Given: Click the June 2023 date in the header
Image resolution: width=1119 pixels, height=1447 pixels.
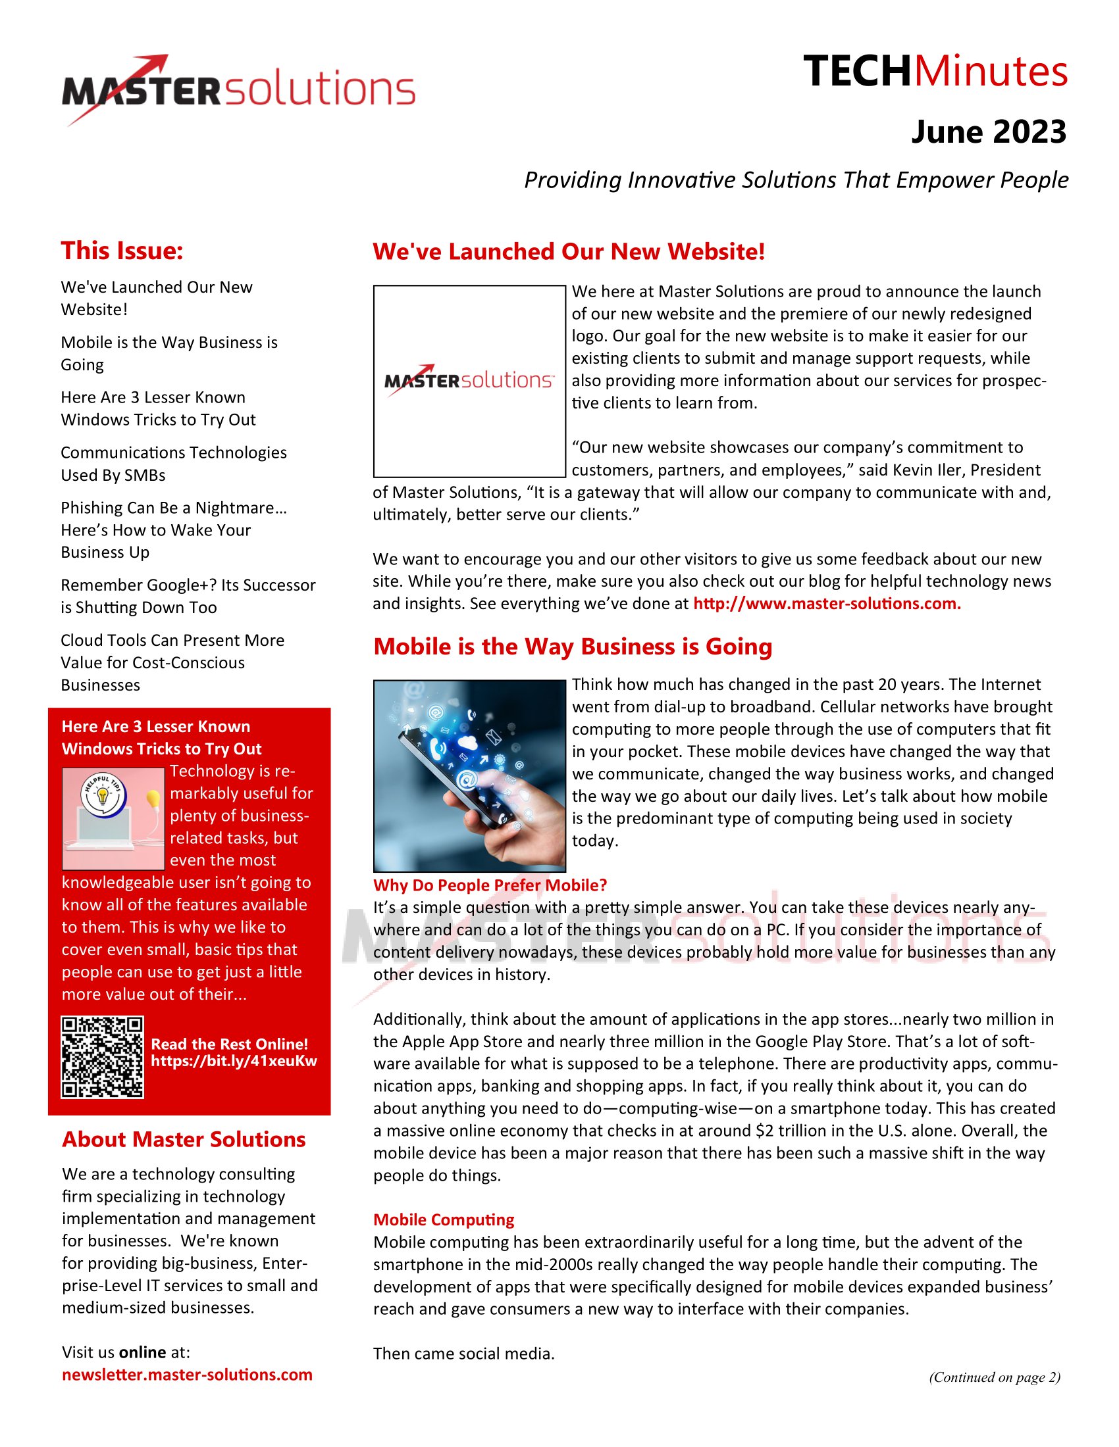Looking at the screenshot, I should [x=989, y=132].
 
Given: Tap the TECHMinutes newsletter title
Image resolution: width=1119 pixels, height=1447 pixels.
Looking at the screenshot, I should [x=935, y=72].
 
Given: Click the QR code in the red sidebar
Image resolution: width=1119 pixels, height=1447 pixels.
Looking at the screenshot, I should [x=102, y=1057].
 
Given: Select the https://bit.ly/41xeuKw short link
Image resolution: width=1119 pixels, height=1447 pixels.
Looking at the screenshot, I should [x=234, y=1061].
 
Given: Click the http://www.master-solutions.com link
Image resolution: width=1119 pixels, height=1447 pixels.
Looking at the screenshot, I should [x=827, y=604].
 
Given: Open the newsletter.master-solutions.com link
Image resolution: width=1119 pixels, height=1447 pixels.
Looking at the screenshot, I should [x=187, y=1375].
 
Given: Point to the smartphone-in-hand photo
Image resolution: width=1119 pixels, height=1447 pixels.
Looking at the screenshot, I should [x=469, y=775].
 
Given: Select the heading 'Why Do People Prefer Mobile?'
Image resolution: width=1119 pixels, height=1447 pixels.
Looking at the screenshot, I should [x=490, y=885].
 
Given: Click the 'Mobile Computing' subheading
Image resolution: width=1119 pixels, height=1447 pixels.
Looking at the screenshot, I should [x=444, y=1219].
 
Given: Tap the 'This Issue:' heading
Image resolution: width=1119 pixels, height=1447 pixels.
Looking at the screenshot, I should [x=122, y=251].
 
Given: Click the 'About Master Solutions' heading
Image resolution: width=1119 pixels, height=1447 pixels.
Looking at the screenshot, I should [x=184, y=1140].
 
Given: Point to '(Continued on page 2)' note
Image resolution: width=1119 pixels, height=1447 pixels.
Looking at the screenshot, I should [x=995, y=1377].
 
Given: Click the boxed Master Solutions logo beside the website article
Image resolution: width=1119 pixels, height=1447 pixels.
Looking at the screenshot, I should [x=469, y=381].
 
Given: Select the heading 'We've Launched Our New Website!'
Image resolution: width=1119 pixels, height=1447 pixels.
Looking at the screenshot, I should [x=569, y=252].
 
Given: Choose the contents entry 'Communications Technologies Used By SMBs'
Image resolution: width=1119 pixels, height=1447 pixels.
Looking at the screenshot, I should [x=174, y=464].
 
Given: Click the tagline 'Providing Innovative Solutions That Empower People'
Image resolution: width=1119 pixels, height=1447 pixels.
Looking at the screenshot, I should [x=796, y=180].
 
